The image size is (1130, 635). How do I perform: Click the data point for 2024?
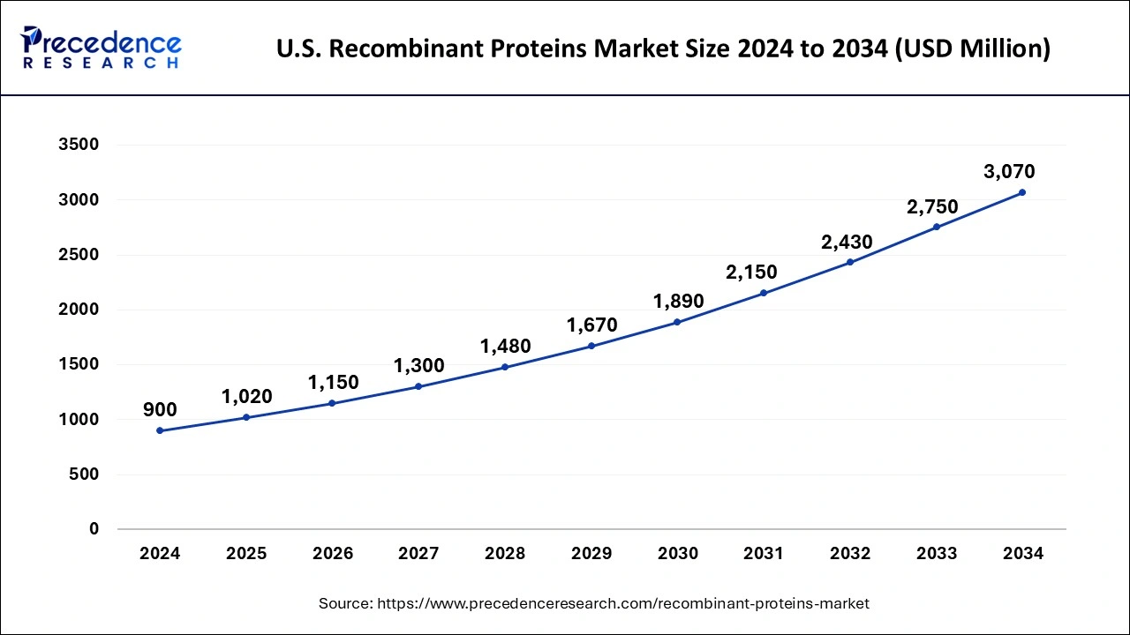[x=160, y=430]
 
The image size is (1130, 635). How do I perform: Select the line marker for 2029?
[x=591, y=346]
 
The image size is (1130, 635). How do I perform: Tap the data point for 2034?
[x=1022, y=192]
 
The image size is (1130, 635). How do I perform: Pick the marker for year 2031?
[x=764, y=293]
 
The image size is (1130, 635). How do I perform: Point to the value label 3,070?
[x=1009, y=172]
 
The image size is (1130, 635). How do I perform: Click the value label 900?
[x=160, y=409]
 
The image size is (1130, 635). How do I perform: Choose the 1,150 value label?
[x=333, y=383]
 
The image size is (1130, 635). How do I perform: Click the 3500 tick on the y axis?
[x=79, y=145]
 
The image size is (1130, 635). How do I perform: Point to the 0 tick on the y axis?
[x=94, y=529]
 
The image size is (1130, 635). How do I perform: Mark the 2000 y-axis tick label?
[x=79, y=310]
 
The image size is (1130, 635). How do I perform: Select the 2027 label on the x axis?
[x=418, y=554]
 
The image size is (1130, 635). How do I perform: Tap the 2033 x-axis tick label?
[x=937, y=554]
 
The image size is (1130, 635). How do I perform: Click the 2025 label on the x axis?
[x=246, y=554]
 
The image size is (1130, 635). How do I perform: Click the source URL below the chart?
[x=623, y=603]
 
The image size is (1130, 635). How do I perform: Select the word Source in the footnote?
[x=344, y=603]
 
